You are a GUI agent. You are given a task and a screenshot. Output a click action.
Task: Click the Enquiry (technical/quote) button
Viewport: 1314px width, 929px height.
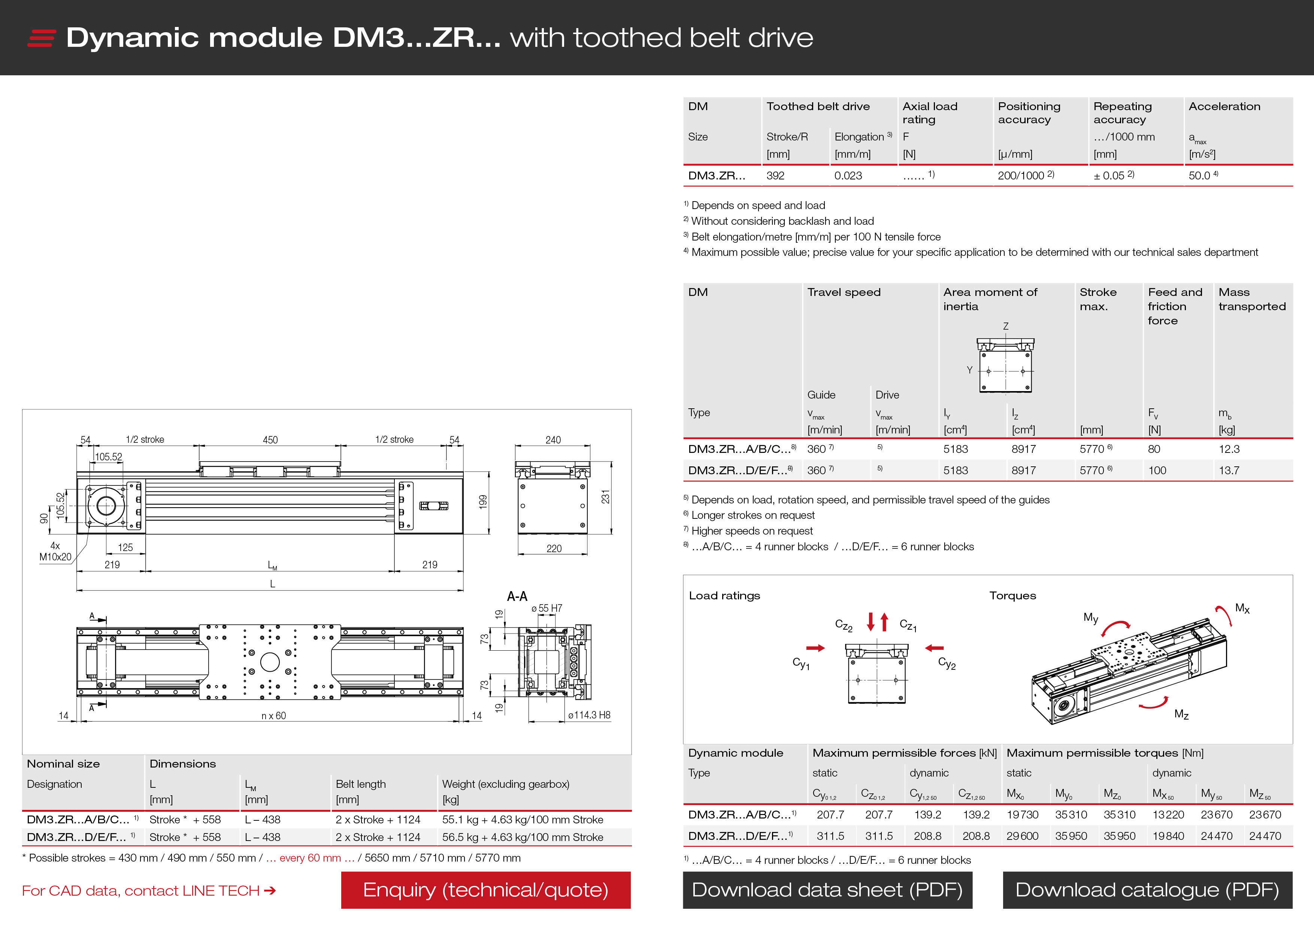coord(486,890)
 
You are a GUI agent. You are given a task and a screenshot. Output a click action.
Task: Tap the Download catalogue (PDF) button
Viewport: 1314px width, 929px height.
coord(1147,890)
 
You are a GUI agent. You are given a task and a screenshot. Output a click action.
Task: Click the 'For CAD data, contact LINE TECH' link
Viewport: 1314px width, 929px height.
coord(149,891)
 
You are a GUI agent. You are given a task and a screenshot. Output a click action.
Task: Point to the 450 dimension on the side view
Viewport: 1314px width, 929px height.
coord(270,440)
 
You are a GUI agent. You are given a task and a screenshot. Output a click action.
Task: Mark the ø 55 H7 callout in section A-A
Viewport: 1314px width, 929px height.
coord(547,608)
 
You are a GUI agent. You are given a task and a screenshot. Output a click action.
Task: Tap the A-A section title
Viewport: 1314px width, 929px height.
coord(517,596)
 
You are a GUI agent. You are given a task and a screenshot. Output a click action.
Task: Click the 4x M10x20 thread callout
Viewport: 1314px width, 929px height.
coord(55,551)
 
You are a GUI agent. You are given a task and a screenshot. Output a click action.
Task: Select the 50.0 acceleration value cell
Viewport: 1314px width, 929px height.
coord(1204,175)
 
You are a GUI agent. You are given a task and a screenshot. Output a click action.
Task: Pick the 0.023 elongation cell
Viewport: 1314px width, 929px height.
coord(848,176)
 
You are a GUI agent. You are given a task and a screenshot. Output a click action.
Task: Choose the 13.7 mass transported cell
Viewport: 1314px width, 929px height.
coord(1229,470)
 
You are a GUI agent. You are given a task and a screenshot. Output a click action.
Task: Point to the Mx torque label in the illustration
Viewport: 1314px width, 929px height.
coord(1242,608)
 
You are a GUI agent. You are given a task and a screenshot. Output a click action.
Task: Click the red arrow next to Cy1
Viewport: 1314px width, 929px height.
coord(815,648)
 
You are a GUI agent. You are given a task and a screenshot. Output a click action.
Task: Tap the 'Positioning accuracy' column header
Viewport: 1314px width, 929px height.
coord(1029,113)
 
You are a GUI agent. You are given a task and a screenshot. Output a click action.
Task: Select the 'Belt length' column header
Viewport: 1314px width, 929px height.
coord(361,784)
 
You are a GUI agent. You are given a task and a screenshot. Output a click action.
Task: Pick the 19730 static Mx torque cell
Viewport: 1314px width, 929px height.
coord(1022,814)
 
